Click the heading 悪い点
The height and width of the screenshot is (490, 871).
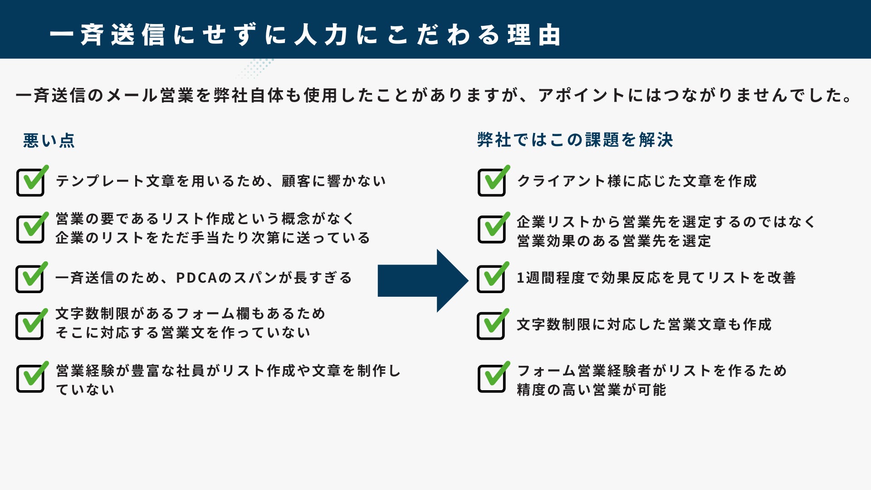[49, 141]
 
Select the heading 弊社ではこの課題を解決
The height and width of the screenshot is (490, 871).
[575, 140]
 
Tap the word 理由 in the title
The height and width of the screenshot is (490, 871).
[534, 35]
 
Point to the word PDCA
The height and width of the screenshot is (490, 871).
[196, 278]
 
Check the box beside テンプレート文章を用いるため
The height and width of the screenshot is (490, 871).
[30, 182]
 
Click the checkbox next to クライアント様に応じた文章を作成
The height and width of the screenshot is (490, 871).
[492, 182]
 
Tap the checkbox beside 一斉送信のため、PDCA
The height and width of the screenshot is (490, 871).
[30, 279]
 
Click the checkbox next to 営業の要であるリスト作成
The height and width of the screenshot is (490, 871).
[30, 229]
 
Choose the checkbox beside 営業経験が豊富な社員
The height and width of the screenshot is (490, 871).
[30, 379]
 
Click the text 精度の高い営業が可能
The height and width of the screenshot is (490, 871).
[591, 390]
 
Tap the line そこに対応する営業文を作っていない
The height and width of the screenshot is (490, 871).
[183, 333]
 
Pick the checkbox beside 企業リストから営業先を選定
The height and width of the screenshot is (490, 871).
[492, 229]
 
